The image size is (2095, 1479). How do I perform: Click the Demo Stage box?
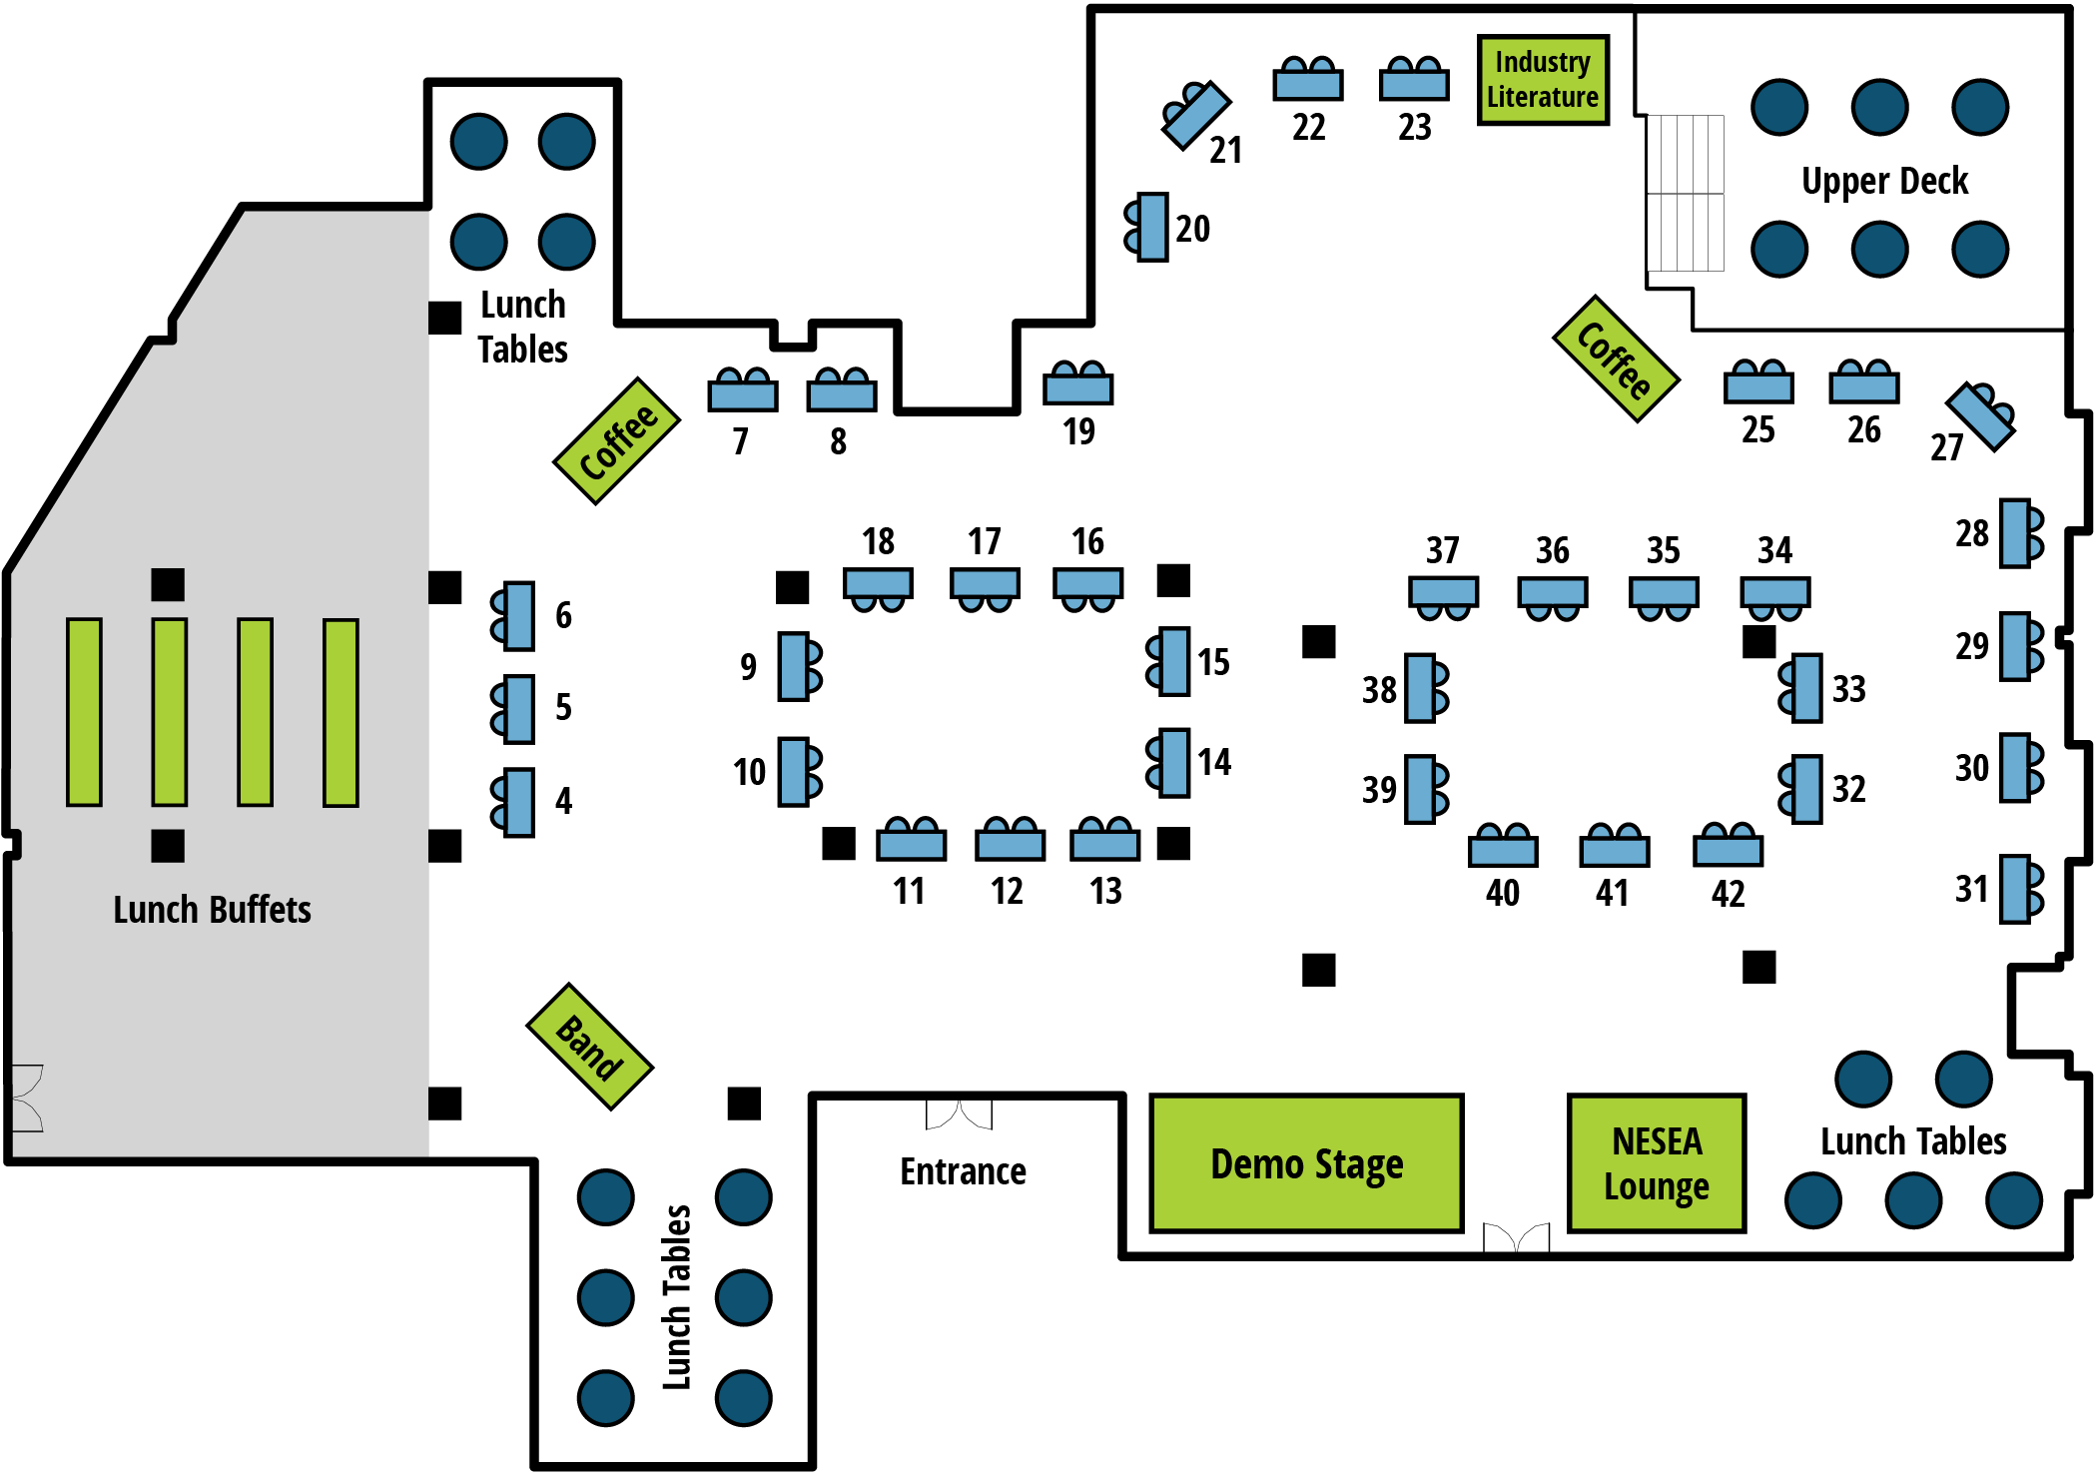tap(1306, 1163)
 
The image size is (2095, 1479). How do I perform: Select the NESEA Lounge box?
tap(1657, 1163)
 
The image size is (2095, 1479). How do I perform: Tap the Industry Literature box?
tap(1543, 80)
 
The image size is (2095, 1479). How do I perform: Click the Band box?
tap(589, 1047)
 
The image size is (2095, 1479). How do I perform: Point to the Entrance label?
tap(963, 1171)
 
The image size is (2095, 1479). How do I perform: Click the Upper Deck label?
tap(1884, 181)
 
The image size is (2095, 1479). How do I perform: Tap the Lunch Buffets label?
tap(212, 910)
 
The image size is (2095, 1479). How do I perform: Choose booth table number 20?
tap(1153, 228)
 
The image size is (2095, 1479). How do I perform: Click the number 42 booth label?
tap(1728, 893)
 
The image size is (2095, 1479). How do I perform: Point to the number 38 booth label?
tap(1379, 690)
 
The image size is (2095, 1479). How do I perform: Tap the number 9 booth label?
tap(748, 666)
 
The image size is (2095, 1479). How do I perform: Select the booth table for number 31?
tap(2015, 889)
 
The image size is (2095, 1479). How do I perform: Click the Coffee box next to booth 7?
tap(617, 441)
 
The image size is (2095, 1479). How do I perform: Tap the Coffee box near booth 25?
tap(1616, 360)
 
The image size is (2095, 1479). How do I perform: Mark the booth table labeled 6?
tap(519, 616)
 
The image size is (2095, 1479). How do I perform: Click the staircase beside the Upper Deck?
tap(1686, 193)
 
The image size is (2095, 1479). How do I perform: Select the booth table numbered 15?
tap(1174, 661)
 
